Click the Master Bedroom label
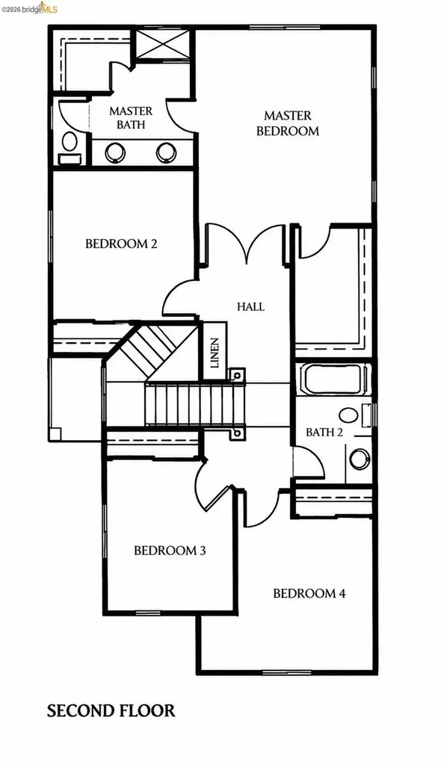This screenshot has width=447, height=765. click(x=288, y=123)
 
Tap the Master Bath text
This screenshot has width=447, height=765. click(x=131, y=117)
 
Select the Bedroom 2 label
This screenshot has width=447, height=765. click(x=122, y=244)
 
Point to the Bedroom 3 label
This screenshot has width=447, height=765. click(x=170, y=551)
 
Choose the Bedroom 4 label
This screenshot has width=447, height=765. click(x=309, y=594)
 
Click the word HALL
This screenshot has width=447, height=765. click(x=251, y=307)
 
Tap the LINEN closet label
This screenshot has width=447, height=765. click(x=215, y=353)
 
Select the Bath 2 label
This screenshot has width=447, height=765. click(x=324, y=433)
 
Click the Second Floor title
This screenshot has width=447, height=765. click(x=111, y=711)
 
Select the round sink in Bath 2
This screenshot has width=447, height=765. click(x=360, y=459)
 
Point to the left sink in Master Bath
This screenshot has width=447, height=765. click(x=115, y=152)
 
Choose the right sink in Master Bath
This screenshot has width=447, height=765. click(x=167, y=152)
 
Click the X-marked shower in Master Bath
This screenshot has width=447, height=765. click(x=162, y=44)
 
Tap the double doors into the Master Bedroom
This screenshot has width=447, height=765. click(x=247, y=244)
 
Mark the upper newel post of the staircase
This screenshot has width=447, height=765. click(x=237, y=375)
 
